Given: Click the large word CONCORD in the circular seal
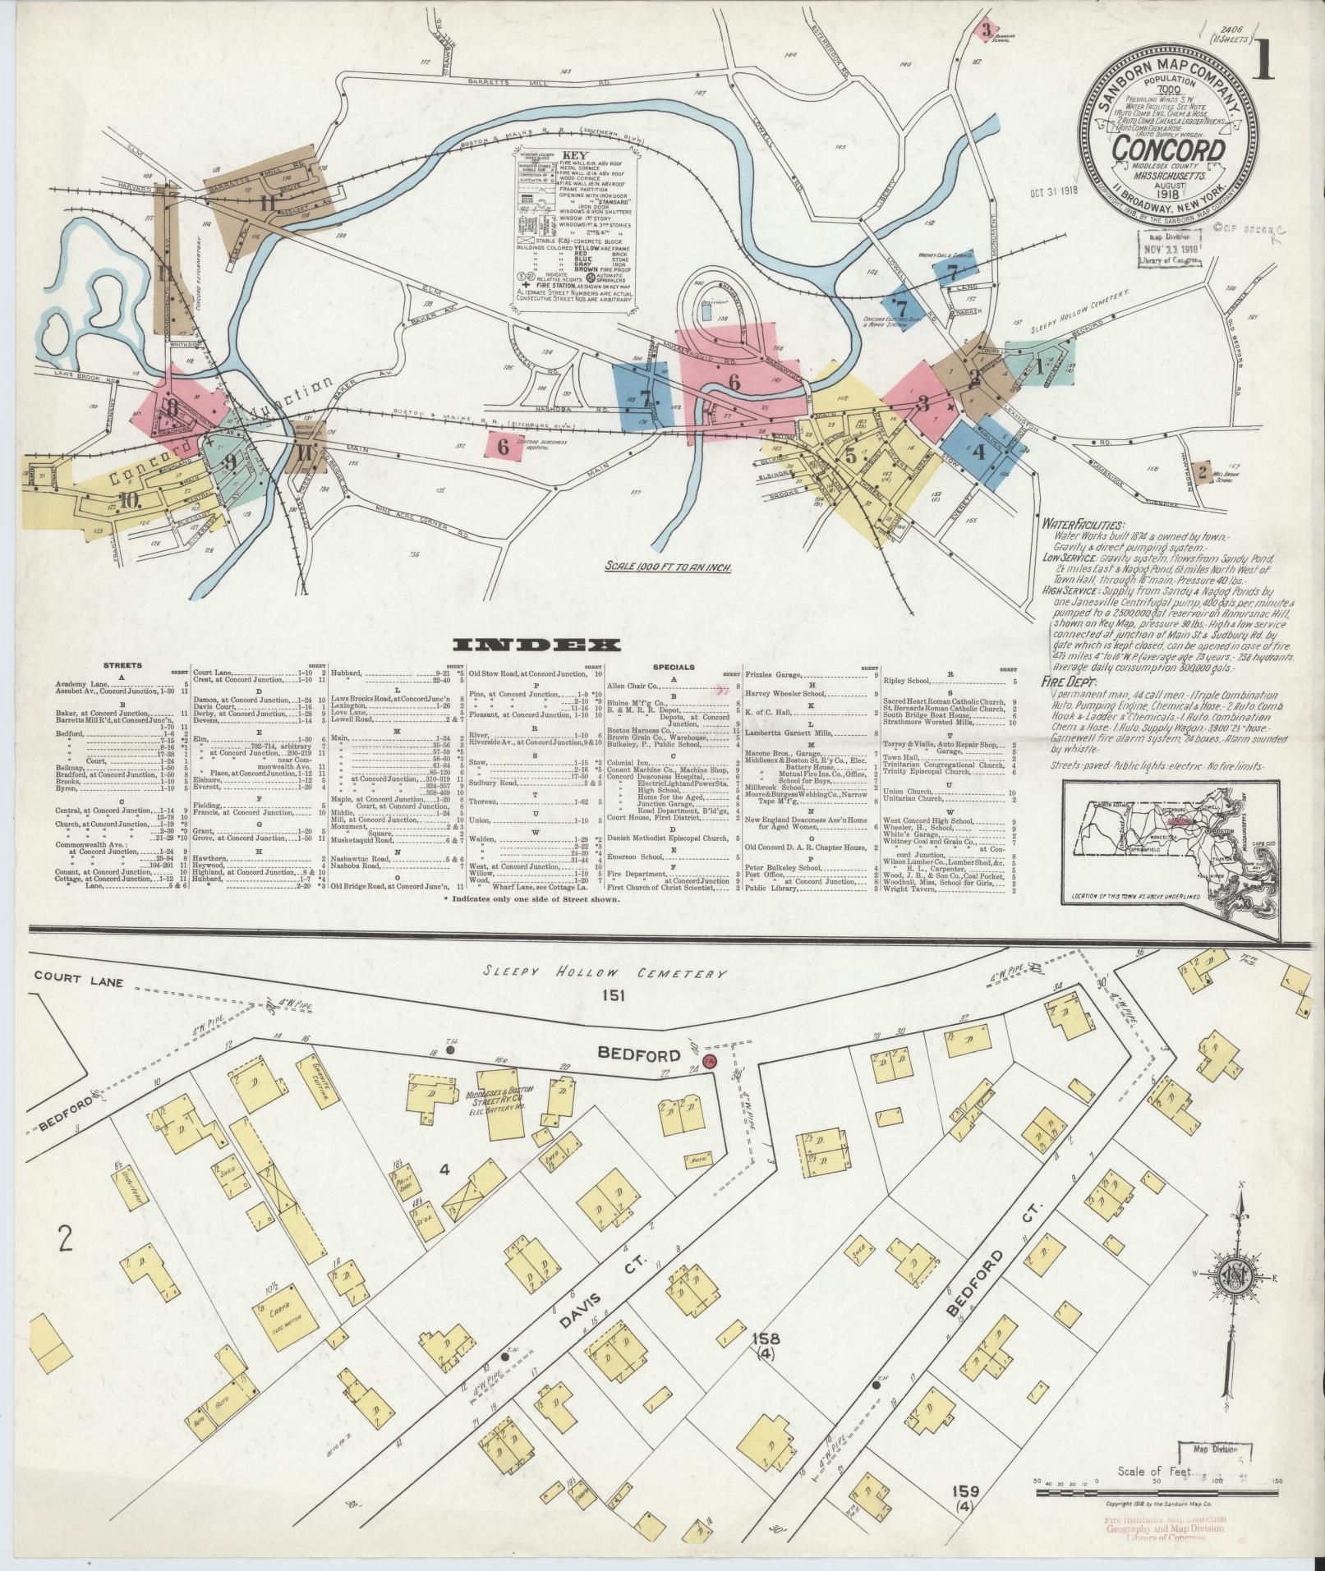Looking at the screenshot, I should coord(1170,150).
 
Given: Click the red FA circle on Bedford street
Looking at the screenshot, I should coord(711,1062).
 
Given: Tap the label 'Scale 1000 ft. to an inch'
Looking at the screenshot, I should coord(668,566).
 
